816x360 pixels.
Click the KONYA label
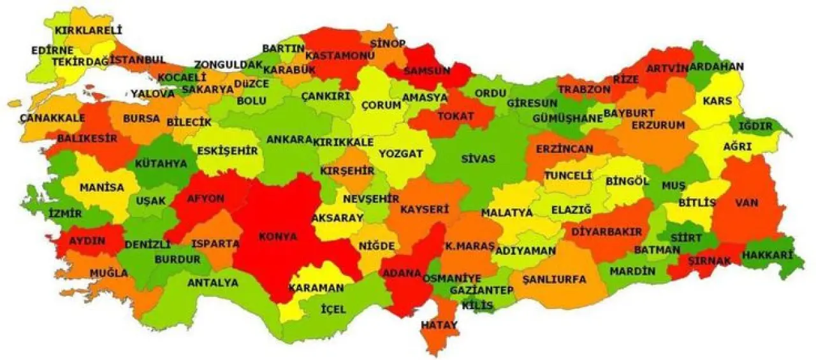(278, 236)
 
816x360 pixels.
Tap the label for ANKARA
(289, 140)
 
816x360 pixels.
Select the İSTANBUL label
(138, 60)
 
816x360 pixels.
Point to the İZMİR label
(65, 214)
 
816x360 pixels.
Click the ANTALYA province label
(213, 282)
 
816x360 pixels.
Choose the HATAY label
(439, 325)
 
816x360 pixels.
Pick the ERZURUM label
(658, 125)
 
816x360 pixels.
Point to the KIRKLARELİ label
(88, 30)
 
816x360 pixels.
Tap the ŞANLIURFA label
(553, 279)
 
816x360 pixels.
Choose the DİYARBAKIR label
(606, 232)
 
